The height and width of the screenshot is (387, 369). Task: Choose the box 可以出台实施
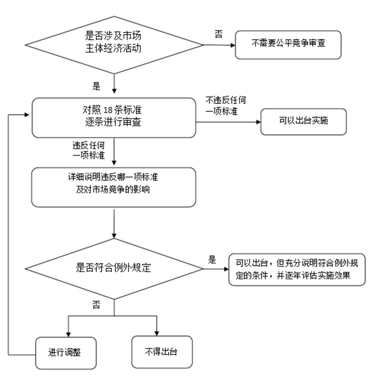pos(303,121)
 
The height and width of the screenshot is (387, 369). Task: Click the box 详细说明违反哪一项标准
pos(114,187)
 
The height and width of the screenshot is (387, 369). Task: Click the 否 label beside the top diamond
pos(219,34)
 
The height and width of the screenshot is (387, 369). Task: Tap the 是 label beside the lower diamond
pos(212,260)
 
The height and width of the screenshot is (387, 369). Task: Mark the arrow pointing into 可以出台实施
pos(257,121)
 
